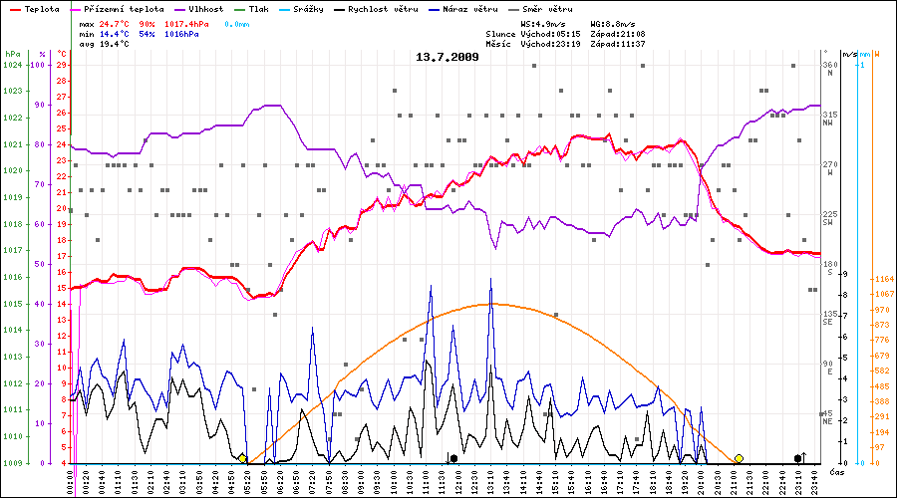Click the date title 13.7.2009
(448, 57)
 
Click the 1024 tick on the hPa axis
(13, 65)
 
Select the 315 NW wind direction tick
(827, 119)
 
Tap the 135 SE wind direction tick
(827, 318)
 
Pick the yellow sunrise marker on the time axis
(242, 458)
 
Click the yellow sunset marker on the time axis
(739, 458)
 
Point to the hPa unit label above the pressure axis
(12, 54)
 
